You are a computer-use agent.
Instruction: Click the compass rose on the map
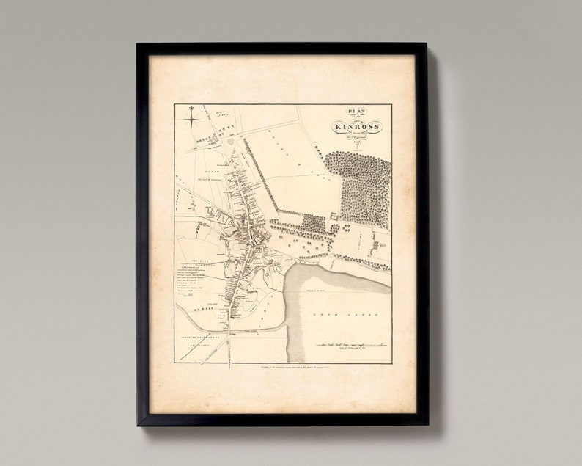tap(191, 115)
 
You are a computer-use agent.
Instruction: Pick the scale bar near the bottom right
tap(350, 343)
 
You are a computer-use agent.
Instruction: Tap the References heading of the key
tap(192, 267)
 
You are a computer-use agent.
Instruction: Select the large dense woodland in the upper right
tap(359, 187)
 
